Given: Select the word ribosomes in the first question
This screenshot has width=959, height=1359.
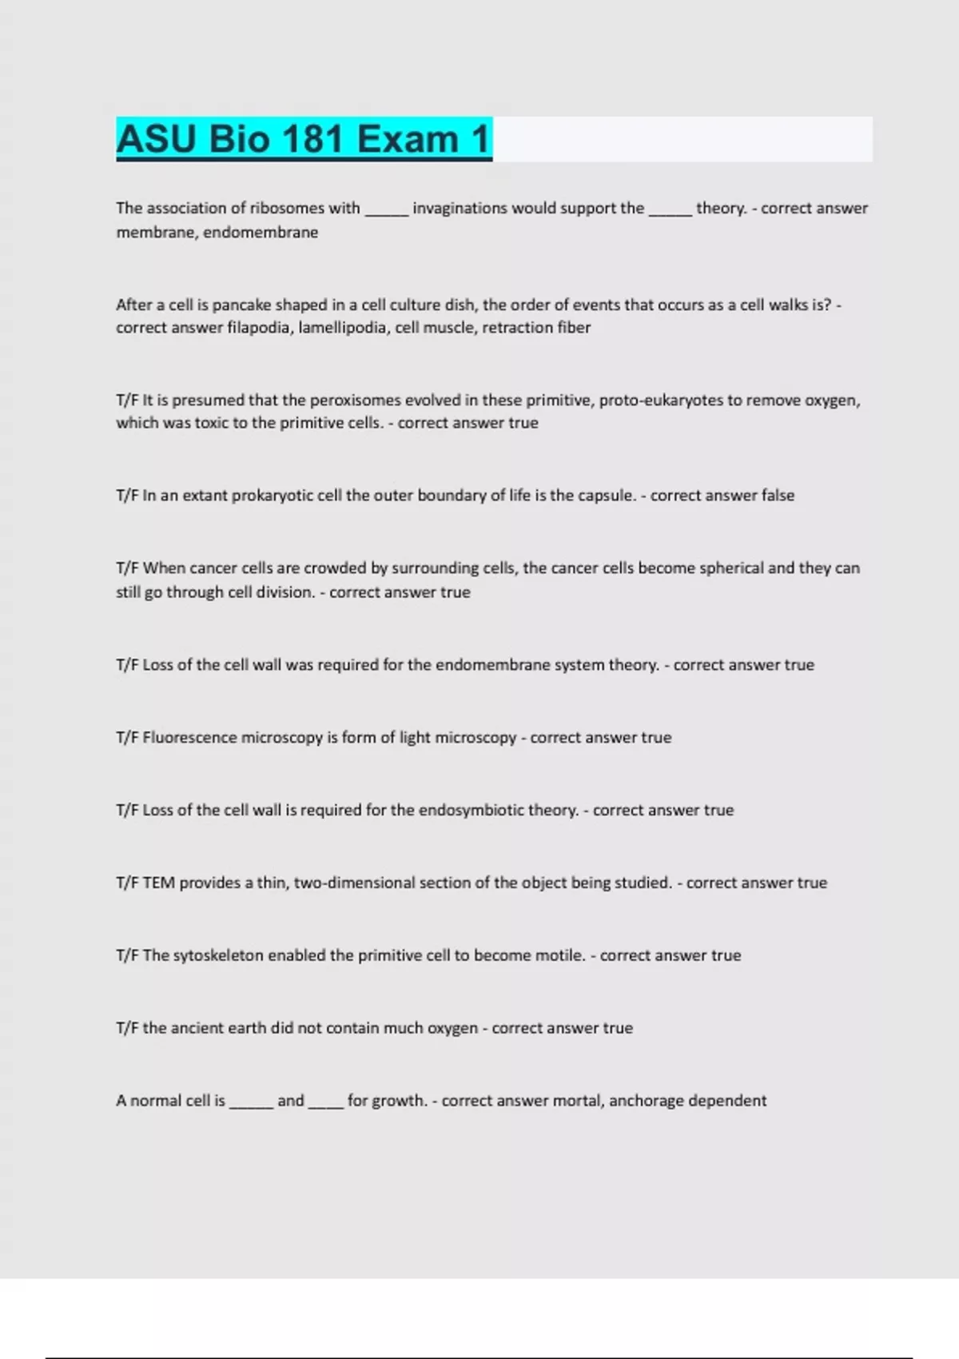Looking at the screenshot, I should click(x=288, y=208).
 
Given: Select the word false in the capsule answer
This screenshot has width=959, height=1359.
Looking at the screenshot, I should click(x=778, y=496).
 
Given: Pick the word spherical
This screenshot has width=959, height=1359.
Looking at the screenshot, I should click(x=731, y=568).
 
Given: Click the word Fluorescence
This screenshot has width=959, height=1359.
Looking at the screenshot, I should click(x=189, y=738).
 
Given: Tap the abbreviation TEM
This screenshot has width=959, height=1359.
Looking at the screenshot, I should click(x=159, y=883).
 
